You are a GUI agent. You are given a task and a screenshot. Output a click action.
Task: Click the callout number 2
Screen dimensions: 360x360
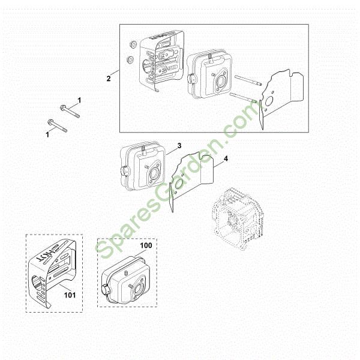click(109, 79)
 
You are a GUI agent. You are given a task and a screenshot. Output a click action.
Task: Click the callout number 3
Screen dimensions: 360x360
click(179, 146)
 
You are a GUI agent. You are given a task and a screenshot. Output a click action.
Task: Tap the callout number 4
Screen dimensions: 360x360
click(226, 158)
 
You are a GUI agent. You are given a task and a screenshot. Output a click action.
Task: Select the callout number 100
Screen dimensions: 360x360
click(146, 245)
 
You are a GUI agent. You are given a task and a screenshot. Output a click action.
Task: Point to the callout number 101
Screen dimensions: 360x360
click(70, 295)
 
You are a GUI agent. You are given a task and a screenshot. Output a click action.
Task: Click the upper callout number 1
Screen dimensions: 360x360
click(79, 100)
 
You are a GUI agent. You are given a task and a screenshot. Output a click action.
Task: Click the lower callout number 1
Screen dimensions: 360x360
click(47, 134)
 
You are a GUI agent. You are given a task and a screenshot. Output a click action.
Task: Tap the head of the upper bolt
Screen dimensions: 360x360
click(63, 107)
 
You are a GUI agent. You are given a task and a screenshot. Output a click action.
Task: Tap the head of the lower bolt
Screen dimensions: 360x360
click(50, 122)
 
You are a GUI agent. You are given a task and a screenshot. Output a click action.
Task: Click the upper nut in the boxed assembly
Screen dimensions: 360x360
click(133, 44)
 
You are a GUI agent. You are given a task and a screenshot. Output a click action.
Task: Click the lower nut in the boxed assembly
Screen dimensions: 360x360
click(130, 59)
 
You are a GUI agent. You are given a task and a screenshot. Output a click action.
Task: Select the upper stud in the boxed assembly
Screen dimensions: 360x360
click(248, 80)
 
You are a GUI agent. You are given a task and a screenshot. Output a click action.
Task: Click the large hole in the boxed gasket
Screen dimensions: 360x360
click(268, 101)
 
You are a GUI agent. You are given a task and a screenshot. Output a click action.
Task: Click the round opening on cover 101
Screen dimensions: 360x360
click(37, 281)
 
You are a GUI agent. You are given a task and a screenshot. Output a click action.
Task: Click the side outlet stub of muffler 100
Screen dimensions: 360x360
click(106, 289)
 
